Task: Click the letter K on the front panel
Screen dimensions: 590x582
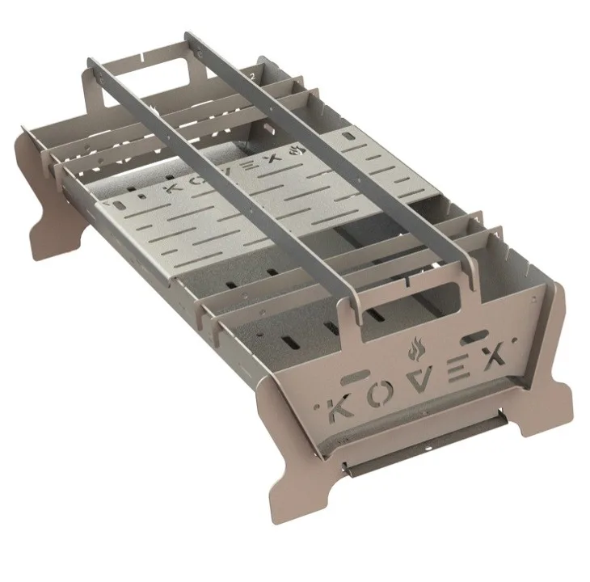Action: click(x=339, y=408)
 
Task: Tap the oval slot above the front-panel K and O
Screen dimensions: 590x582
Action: click(x=355, y=377)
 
